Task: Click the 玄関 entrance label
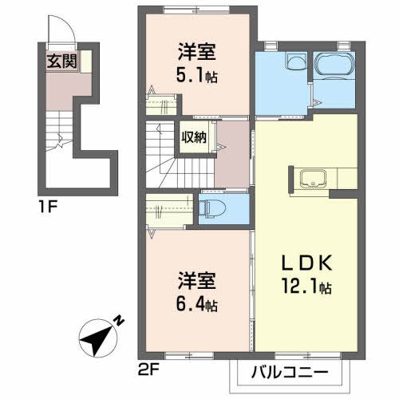tap(61, 62)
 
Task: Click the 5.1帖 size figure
tap(197, 77)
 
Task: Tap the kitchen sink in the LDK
tap(312, 180)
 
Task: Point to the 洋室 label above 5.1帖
tap(197, 55)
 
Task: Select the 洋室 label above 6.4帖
tap(197, 283)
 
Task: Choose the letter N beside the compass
tap(117, 321)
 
